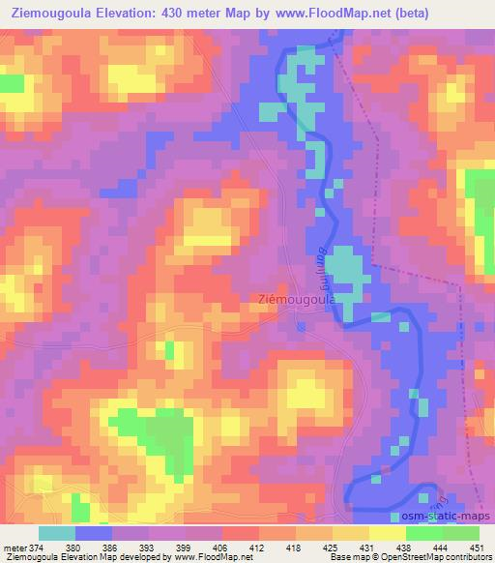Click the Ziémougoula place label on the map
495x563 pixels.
[297, 300]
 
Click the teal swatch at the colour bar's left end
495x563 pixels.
[57, 533]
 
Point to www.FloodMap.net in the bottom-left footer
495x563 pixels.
[204, 557]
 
